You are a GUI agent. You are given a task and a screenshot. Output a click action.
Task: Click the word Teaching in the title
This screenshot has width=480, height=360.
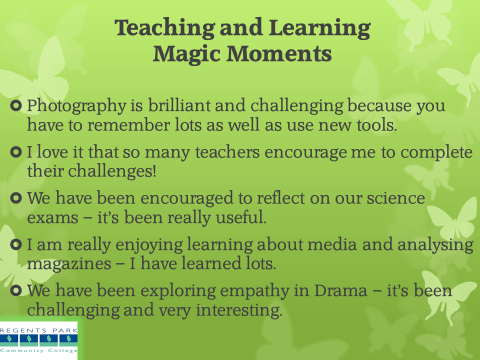pyautogui.click(x=162, y=27)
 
